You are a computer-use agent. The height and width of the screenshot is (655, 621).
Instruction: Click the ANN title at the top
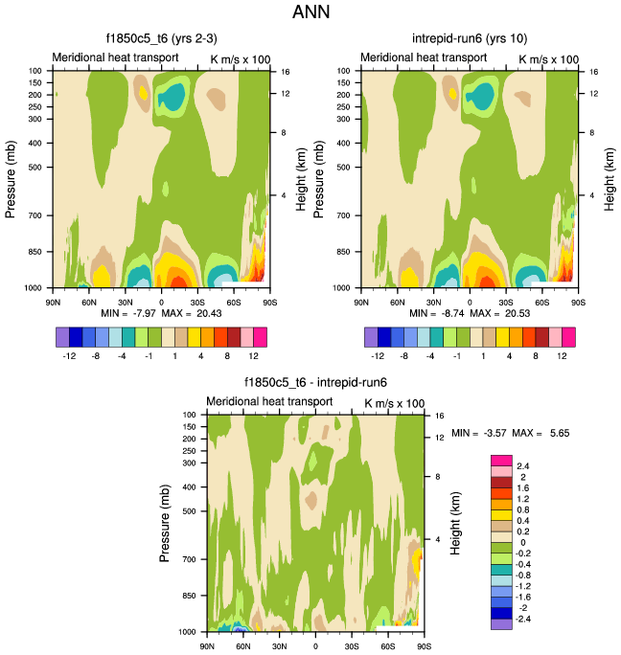310,13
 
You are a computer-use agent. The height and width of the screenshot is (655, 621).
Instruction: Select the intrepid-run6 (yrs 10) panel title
469,38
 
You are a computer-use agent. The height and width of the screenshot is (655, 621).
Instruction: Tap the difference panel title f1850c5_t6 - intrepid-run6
314,382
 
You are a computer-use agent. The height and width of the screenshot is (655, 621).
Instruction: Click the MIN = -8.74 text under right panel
432,314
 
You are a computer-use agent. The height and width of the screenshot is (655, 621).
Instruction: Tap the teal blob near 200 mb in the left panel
172,96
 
